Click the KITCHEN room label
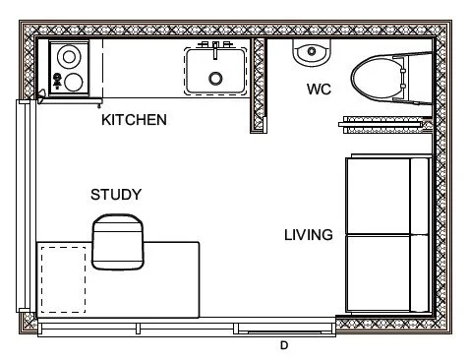pos(134,120)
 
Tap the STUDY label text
pos(116,194)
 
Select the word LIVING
pos(308,235)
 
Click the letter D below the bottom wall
pos(283,345)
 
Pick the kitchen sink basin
pos(213,70)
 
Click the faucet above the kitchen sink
pos(213,46)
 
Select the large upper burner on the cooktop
pos(69,56)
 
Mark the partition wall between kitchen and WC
pos(260,84)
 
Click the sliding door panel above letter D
pos(285,326)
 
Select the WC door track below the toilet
pos(383,123)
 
